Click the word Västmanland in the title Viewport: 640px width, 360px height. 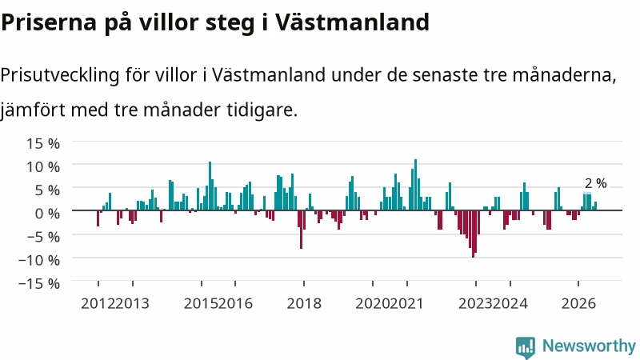click(352, 22)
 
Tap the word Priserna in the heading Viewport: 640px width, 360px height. click(49, 22)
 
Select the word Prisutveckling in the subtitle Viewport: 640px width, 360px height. click(60, 75)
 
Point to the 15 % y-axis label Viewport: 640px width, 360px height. click(43, 143)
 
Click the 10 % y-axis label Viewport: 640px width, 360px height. click(43, 166)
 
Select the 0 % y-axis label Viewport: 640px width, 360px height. click(47, 213)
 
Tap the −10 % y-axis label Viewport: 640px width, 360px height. click(39, 259)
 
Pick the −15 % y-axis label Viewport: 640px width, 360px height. click(39, 283)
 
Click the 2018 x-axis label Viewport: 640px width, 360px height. click(304, 303)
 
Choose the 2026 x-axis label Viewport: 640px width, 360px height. click(578, 303)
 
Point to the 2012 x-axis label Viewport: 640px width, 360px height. click(98, 303)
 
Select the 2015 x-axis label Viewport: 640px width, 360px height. click(202, 303)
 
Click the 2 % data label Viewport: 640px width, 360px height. click(596, 183)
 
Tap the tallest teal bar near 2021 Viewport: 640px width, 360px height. click(415, 185)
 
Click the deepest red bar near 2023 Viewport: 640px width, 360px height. click(473, 234)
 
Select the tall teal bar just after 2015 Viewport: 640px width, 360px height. click(210, 186)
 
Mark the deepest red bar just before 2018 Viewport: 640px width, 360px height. click(302, 230)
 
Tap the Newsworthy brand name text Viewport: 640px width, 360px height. click(589, 346)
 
